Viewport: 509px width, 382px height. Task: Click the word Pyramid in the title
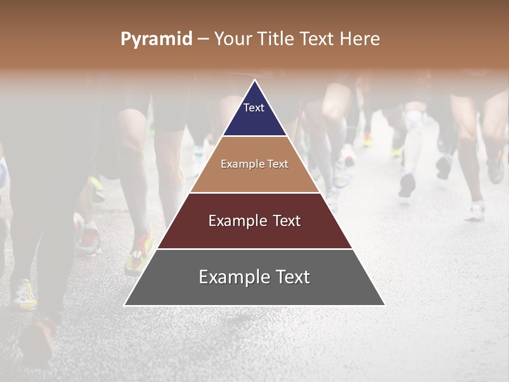(156, 39)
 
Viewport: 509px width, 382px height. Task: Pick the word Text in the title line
(317, 39)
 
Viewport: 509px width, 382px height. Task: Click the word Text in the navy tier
(254, 108)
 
